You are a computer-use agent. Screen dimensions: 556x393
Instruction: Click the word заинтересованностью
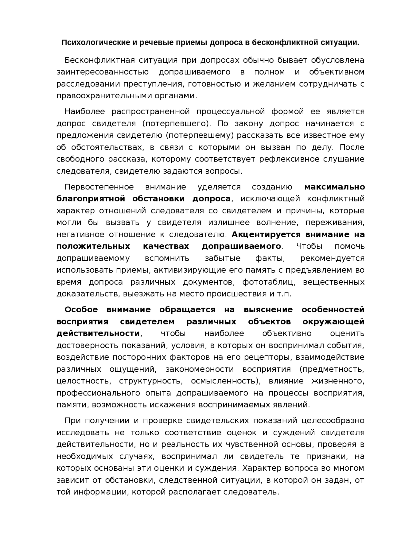[x=103, y=72]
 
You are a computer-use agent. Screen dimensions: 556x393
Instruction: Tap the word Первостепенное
[x=99, y=187]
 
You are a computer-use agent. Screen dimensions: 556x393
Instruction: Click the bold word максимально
[x=334, y=187]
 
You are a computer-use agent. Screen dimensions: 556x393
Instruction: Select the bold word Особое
[x=81, y=310]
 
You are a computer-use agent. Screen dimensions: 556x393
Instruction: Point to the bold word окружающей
[x=333, y=322]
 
